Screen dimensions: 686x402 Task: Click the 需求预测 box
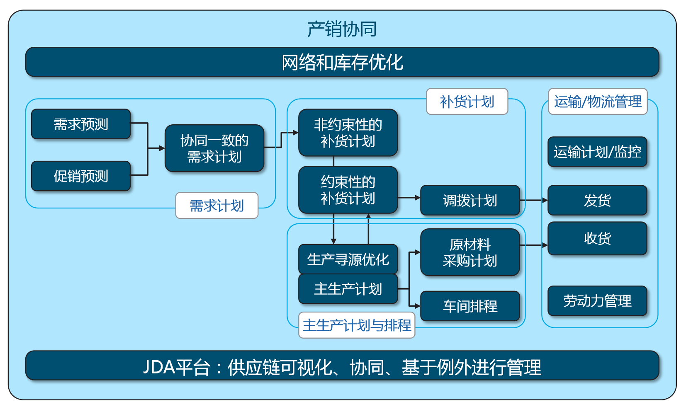click(x=81, y=124)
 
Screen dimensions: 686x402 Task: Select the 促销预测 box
click(x=81, y=176)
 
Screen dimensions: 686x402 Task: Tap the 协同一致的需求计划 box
click(x=214, y=148)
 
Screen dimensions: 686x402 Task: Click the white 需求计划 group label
click(x=217, y=205)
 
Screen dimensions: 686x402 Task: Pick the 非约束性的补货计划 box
click(x=348, y=133)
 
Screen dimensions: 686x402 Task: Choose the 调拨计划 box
click(x=470, y=201)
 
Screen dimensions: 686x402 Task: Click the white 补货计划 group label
click(x=467, y=102)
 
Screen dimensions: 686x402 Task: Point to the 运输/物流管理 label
click(x=598, y=102)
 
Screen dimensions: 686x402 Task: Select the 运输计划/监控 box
click(x=597, y=152)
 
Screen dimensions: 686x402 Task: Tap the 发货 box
click(x=597, y=201)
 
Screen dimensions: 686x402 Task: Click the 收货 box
click(x=597, y=238)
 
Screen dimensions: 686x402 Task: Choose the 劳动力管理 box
click(x=597, y=301)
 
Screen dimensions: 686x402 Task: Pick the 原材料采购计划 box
click(x=470, y=252)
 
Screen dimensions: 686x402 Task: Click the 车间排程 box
click(x=470, y=306)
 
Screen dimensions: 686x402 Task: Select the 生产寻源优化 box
click(x=348, y=259)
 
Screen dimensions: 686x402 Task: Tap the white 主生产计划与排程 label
click(x=357, y=325)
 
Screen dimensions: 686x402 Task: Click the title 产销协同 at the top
click(x=342, y=29)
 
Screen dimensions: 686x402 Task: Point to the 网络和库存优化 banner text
click(x=342, y=62)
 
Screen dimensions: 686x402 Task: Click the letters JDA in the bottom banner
click(x=159, y=367)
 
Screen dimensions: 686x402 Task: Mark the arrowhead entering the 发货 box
click(x=545, y=201)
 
